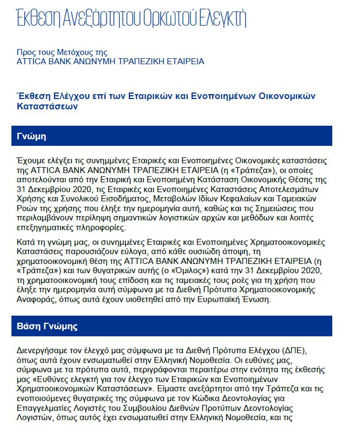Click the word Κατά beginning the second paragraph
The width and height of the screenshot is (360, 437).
27,242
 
